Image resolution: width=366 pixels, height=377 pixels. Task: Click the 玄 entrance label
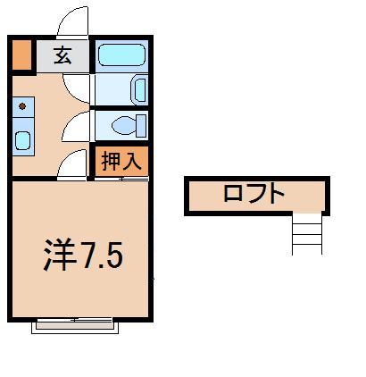click(62, 55)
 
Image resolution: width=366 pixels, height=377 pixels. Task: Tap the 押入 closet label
click(121, 162)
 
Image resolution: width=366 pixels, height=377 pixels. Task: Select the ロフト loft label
click(254, 194)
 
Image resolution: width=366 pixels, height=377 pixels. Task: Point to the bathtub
click(121, 55)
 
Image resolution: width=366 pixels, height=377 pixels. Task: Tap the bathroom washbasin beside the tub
click(139, 89)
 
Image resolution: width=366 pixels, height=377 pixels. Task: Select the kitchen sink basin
click(23, 139)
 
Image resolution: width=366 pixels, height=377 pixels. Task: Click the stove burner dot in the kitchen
click(22, 106)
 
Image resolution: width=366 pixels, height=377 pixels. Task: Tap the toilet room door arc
click(79, 125)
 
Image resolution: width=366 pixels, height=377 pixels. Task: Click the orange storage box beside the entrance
click(21, 55)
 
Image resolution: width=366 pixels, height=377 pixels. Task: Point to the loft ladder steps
click(305, 234)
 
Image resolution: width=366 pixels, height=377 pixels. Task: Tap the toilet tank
click(142, 123)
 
